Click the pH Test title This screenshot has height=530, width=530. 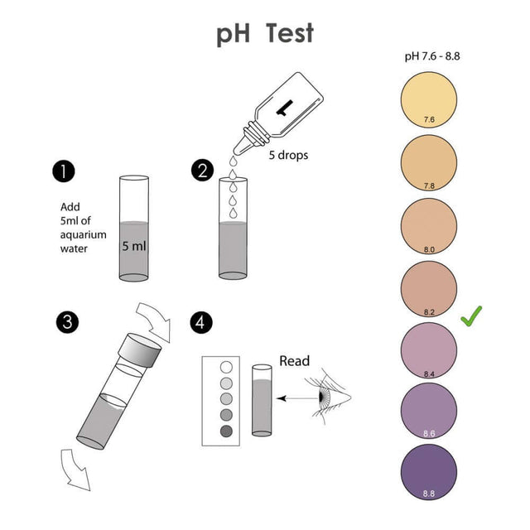coord(265,34)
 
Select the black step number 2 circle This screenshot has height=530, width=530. coord(201,171)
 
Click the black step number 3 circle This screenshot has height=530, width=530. coord(66,321)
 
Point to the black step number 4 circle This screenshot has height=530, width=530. coord(201,321)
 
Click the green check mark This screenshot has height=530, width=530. coord(470,316)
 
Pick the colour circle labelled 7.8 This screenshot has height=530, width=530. coord(428,163)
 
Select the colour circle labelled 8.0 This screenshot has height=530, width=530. coord(428,226)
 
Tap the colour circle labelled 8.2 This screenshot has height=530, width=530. coord(428,289)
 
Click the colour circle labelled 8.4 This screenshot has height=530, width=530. coord(428,351)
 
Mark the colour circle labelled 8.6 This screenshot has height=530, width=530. coord(428,413)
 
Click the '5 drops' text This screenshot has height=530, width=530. coord(288,155)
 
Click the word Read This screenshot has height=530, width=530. coord(294,361)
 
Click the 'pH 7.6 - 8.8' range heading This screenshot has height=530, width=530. coord(428,56)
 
